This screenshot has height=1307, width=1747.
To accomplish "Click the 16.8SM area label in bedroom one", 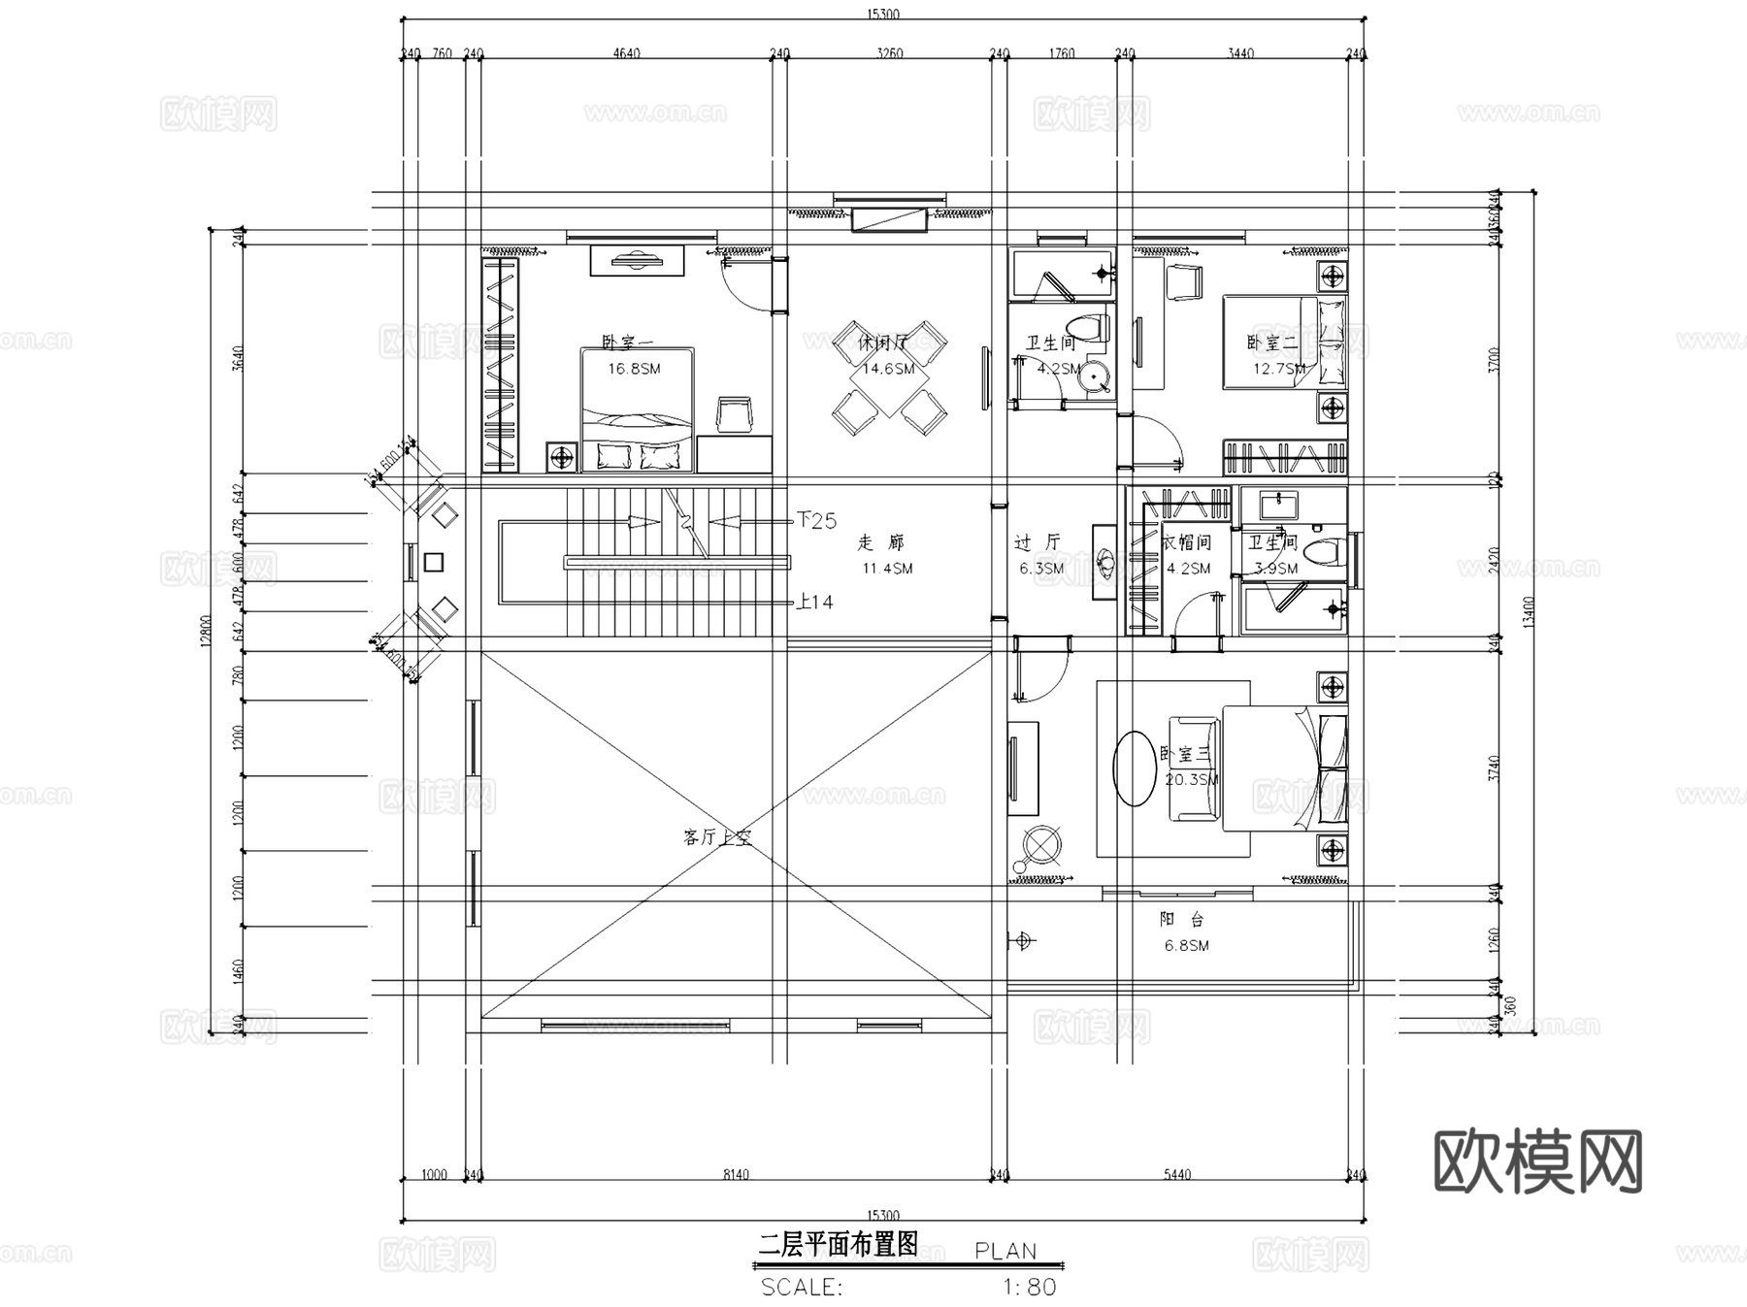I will pos(634,369).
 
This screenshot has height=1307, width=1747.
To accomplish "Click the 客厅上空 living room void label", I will pos(717,837).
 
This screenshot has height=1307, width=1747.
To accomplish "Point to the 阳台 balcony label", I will pos(1181,920).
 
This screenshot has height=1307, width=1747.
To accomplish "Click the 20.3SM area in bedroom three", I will pos(1192,779).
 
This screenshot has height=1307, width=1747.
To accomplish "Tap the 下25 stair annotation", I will pos(816,521).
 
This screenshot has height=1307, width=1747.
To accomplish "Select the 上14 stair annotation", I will pos(814,602).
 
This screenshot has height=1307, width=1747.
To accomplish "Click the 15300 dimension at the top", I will pos(882,14).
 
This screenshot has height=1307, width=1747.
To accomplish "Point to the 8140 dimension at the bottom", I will pos(736,1175).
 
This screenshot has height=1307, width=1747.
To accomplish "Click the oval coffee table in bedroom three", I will pos(1134,768).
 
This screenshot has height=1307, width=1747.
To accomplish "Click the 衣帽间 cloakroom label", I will pos(1186,542).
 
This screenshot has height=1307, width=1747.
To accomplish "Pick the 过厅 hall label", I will pos(1038,542).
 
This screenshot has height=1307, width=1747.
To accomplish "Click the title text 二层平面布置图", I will pos(838,1245).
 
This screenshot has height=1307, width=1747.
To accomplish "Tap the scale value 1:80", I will pos(1029,1288).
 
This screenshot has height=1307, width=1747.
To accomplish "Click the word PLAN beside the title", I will pos(1005,1252).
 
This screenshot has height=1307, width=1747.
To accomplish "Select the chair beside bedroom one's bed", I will pos(734,414).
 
